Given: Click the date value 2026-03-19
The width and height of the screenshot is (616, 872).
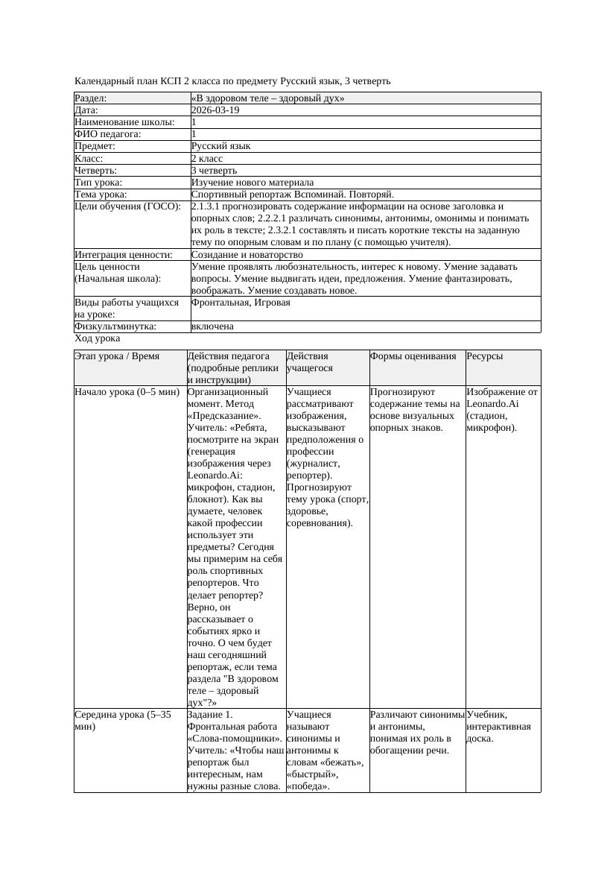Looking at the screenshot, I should coord(215,110).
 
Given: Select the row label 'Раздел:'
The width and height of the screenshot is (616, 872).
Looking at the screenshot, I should coord(91,98).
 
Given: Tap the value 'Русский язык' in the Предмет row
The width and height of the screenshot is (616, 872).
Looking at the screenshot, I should coord(221,146).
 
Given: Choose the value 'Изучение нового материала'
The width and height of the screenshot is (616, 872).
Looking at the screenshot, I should coord(253,182).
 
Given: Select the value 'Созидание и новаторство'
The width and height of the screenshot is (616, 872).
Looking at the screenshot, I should coord(247,255).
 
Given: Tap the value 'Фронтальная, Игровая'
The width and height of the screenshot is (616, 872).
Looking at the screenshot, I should coord(241,303).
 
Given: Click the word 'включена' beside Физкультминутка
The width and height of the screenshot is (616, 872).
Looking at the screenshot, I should coord(212,326).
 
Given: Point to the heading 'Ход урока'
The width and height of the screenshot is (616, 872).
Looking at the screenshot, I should coord(98,338).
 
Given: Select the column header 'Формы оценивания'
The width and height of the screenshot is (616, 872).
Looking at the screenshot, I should coord(413,356).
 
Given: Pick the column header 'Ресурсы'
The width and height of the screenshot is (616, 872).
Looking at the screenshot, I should coord(485,356).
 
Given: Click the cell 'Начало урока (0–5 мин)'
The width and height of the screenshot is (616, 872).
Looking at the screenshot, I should coord(127,392).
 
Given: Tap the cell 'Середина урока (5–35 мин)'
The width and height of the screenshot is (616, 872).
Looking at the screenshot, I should coord(123,720).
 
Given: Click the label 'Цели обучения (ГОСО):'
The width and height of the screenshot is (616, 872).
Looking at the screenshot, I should coord(127,206).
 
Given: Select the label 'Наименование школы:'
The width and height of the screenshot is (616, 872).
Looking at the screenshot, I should coord(125,122).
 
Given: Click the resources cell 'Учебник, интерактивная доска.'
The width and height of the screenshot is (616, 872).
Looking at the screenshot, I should coord(498,726).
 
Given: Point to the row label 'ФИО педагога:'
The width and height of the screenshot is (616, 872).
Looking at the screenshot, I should coord(108,134).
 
